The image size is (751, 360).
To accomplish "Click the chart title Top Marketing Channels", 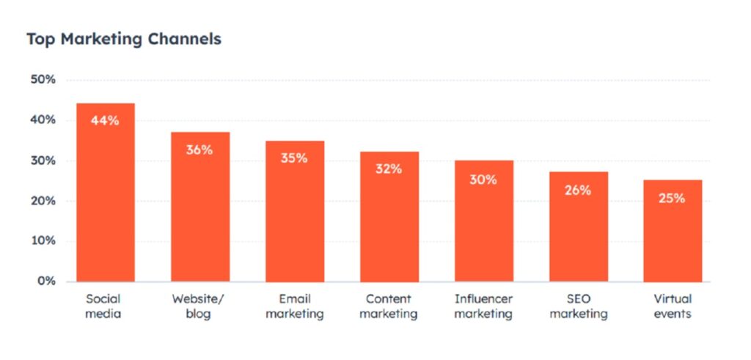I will tap(124, 39).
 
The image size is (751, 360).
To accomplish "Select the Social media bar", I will tap(106, 198).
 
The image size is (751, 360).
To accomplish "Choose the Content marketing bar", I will tap(389, 220).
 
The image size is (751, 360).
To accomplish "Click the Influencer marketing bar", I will tap(484, 224).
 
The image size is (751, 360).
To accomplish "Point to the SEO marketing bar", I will tap(579, 231).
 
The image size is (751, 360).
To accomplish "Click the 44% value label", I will tap(105, 121).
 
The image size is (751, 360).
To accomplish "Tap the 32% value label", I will tap(389, 169).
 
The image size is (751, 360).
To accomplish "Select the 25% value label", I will tap(672, 198).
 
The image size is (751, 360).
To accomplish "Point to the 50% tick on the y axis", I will tap(42, 80).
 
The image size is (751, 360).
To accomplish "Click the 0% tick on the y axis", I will tap(45, 282).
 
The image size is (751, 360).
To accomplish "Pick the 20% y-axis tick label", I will tap(42, 201).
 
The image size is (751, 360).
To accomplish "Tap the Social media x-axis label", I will tap(103, 306).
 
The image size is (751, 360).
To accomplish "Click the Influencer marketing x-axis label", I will tap(484, 306).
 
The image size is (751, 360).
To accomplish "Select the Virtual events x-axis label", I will tap(673, 306).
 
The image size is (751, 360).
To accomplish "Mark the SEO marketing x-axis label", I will tap(579, 306).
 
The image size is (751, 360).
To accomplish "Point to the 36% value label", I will tap(199, 150).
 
